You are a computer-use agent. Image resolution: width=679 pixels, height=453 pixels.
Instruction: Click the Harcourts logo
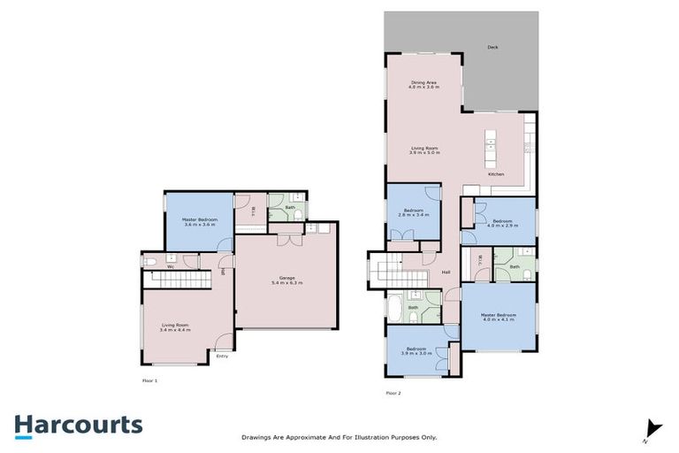pyautogui.click(x=78, y=425)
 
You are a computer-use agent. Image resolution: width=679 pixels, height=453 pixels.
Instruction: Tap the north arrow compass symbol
pyautogui.click(x=653, y=428)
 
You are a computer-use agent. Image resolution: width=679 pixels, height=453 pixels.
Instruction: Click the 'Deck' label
pyautogui.click(x=492, y=47)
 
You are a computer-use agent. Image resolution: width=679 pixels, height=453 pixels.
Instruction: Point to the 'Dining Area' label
pyautogui.click(x=423, y=82)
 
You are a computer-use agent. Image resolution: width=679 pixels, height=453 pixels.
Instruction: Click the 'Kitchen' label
pyautogui.click(x=497, y=174)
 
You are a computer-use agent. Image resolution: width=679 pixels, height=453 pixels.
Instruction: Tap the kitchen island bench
pyautogui.click(x=491, y=151)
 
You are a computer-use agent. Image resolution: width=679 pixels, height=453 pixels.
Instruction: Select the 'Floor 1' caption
pyautogui.click(x=149, y=380)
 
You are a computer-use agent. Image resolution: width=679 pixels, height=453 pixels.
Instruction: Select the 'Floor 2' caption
pyautogui.click(x=393, y=392)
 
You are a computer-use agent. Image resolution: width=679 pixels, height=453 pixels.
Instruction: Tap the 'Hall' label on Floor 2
pyautogui.click(x=446, y=272)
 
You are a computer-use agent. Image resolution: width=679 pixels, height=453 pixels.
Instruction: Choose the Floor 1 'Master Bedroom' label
pyautogui.click(x=199, y=221)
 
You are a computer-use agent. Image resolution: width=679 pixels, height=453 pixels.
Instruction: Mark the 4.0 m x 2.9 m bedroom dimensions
pyautogui.click(x=502, y=226)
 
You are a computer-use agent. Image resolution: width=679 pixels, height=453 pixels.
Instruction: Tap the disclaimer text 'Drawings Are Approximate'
pyautogui.click(x=339, y=437)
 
